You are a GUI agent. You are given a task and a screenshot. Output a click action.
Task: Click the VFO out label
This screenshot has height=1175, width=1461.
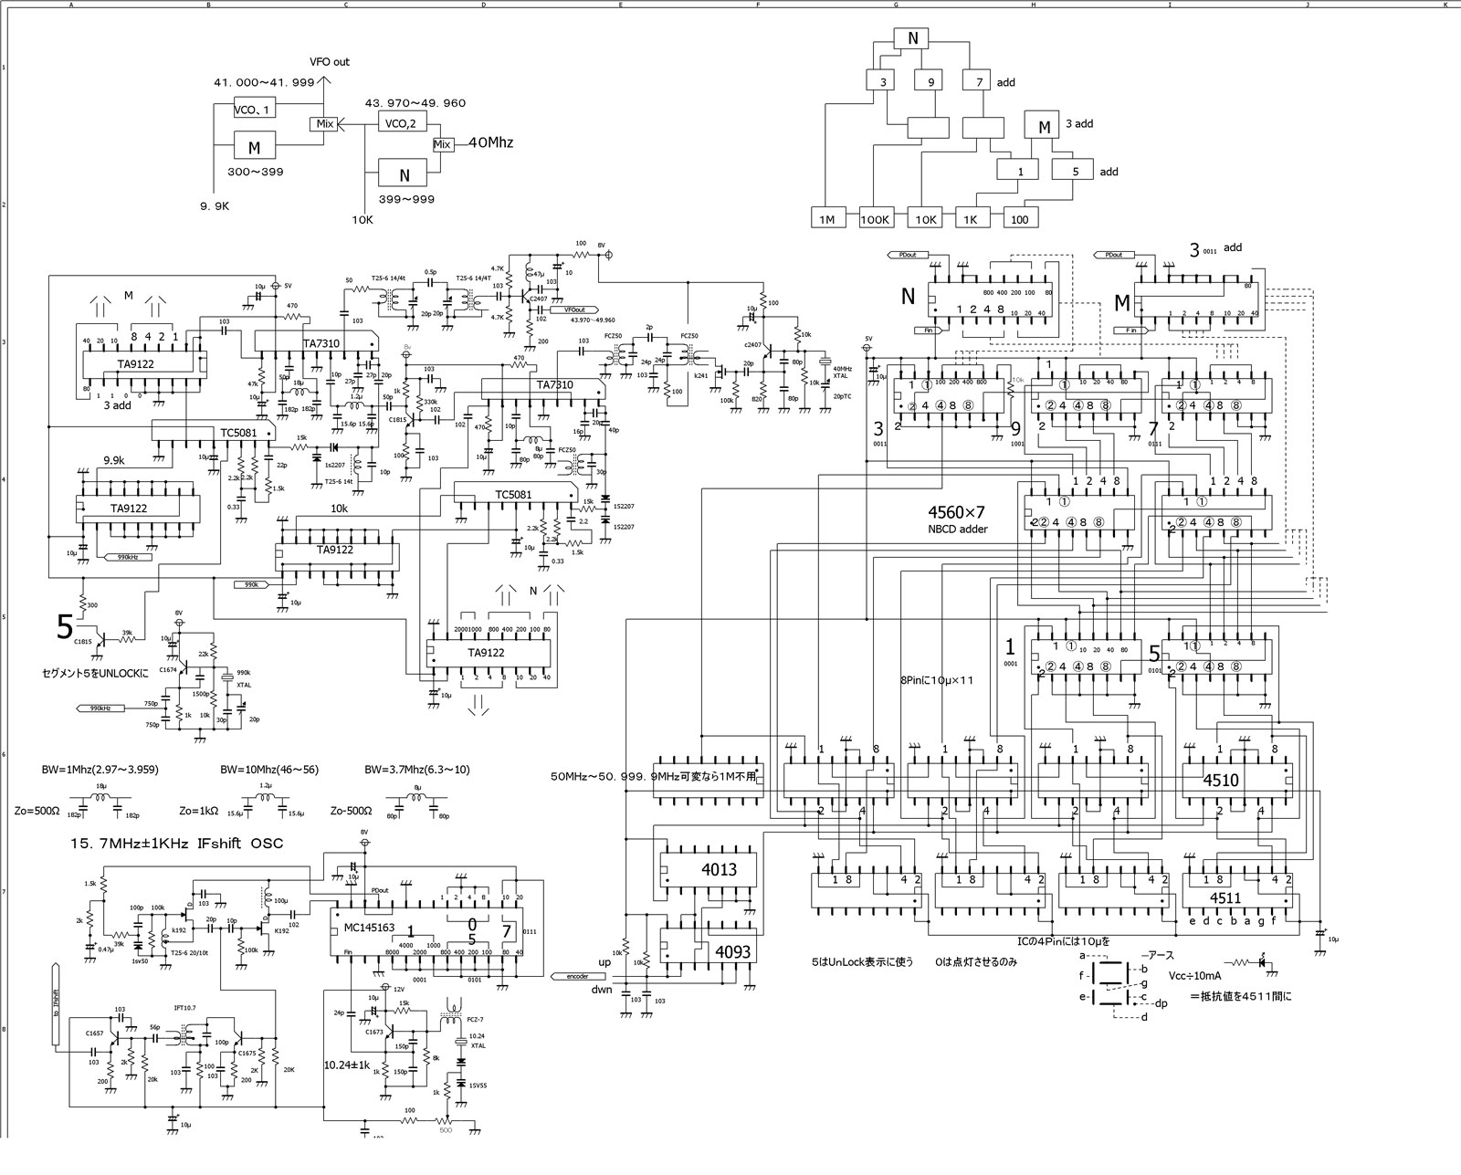tap(330, 62)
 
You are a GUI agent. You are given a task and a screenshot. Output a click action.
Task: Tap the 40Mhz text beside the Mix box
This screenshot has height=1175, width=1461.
tap(490, 143)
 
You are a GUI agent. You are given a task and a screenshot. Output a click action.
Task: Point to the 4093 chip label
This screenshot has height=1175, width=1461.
tap(732, 952)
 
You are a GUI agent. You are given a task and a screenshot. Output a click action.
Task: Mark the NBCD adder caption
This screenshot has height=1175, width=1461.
tap(957, 529)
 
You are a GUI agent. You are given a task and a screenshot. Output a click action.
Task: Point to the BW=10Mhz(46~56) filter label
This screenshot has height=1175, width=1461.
tap(269, 770)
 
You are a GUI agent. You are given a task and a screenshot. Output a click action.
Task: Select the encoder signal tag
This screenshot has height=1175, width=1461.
tap(577, 976)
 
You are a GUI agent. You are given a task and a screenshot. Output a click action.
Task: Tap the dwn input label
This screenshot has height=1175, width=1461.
tap(601, 989)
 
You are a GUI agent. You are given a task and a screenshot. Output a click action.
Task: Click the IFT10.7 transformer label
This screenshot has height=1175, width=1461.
tap(185, 1008)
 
